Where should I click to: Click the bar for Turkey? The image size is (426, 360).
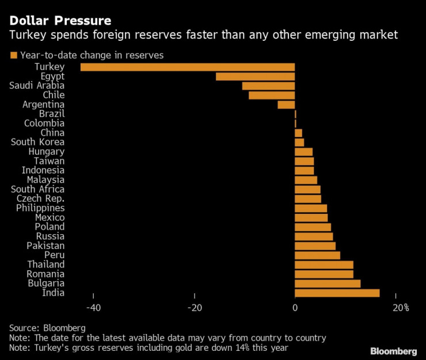[188, 67]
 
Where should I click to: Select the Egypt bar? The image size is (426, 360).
[255, 76]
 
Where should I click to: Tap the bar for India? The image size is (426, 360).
[337, 293]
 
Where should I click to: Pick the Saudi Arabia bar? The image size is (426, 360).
[268, 86]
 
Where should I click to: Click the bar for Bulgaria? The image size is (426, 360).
[328, 284]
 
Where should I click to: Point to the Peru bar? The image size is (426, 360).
[317, 255]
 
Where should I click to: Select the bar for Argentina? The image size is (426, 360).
[286, 105]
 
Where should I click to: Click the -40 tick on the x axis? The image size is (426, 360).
[93, 308]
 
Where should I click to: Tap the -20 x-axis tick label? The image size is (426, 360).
[194, 308]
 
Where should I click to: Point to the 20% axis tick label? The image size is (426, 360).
[400, 308]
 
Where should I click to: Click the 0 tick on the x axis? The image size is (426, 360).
[295, 308]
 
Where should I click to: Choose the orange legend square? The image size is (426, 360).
[13, 55]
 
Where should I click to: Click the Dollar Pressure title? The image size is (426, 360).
[60, 21]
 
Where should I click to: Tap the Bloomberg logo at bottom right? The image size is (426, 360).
[393, 351]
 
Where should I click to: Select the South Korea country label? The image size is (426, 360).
[38, 142]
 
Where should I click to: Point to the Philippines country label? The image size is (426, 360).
[40, 208]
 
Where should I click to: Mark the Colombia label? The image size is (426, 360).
[44, 123]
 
